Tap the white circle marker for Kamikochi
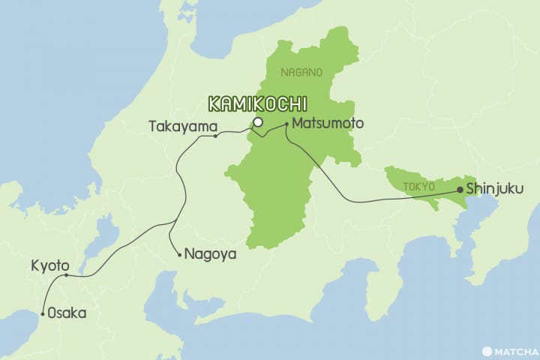[x=257, y=121]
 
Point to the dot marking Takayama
[x=215, y=136]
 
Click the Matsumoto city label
[x=328, y=122]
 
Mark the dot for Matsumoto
[x=286, y=123]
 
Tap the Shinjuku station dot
[x=459, y=190]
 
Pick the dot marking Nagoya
[x=178, y=255]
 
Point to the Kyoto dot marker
[x=66, y=275]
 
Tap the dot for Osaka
[x=43, y=313]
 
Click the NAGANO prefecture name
[x=301, y=73]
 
